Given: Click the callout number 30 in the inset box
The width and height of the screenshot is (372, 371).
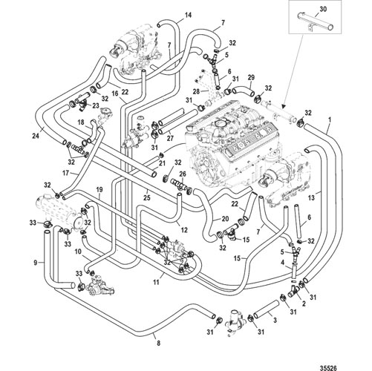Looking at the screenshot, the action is [x=323, y=9].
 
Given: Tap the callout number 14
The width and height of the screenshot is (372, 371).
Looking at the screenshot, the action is [x=188, y=15].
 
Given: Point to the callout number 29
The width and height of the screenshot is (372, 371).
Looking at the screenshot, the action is [x=251, y=78].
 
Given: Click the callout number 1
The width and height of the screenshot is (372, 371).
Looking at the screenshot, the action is [x=330, y=120].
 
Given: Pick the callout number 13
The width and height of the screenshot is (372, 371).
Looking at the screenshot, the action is [x=312, y=197].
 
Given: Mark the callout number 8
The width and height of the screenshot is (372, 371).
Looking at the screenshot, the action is [x=159, y=343].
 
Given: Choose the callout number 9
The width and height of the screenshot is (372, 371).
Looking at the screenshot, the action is [x=36, y=263].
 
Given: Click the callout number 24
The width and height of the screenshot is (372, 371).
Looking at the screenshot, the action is [x=36, y=136].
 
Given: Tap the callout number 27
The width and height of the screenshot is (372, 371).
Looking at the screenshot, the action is [x=170, y=138].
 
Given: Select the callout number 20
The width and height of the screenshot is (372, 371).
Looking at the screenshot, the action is [x=225, y=219].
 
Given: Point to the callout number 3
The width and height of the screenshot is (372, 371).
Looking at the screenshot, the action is [x=275, y=321].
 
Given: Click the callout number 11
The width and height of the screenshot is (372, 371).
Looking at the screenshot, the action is [x=156, y=282].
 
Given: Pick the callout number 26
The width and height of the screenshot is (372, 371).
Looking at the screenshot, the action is [x=183, y=174].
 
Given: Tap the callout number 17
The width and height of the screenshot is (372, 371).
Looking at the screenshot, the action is [x=65, y=173].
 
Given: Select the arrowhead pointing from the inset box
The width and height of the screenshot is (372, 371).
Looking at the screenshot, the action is [x=283, y=107].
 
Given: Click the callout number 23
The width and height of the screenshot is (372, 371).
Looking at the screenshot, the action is [x=96, y=106].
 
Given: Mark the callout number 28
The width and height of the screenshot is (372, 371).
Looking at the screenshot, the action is [x=196, y=92].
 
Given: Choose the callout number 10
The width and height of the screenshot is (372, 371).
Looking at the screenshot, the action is [x=78, y=252].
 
